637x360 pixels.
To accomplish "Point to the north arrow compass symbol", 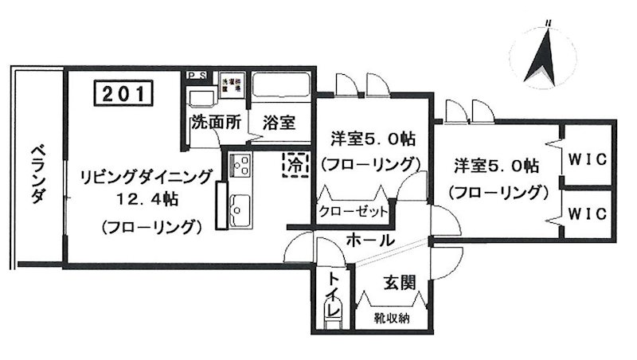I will pyautogui.click(x=547, y=57).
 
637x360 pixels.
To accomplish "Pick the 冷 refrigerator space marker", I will pyautogui.click(x=295, y=165).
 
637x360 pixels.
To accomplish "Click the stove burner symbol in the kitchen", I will pyautogui.click(x=240, y=167).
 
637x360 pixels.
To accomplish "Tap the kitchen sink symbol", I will pyautogui.click(x=238, y=211).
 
